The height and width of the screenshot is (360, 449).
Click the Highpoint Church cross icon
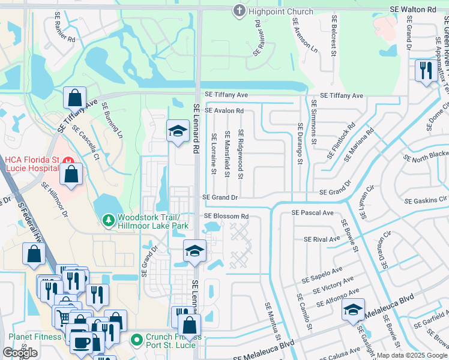pos(239,11)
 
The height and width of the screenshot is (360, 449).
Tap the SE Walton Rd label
pos(413,10)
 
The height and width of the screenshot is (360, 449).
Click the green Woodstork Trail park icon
pos(108,221)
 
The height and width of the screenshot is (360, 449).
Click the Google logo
pos(20,353)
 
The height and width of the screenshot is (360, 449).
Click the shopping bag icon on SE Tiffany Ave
pos(75,97)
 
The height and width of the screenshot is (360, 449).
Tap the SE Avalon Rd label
pos(224,110)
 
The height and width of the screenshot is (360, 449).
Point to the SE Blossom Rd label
pos(226,216)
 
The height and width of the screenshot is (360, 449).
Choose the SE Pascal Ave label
pos(312,212)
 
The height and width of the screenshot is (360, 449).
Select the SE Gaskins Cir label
pos(426,200)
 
